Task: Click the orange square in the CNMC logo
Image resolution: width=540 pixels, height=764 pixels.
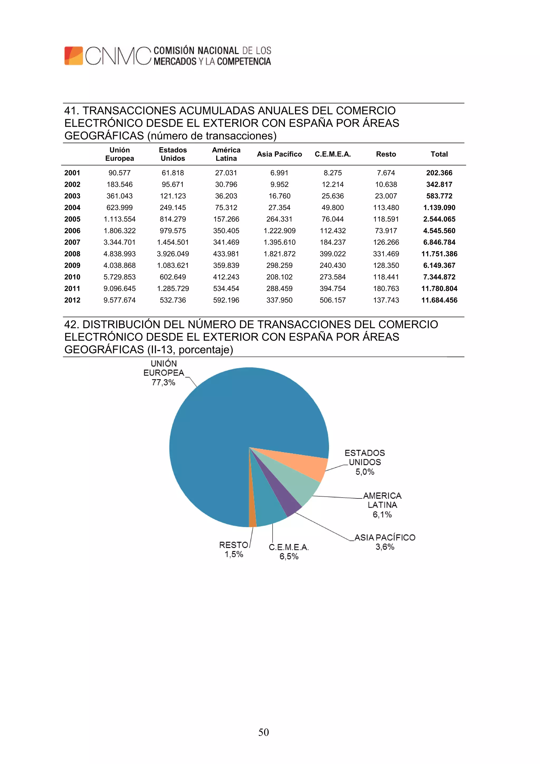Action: pyautogui.click(x=74, y=56)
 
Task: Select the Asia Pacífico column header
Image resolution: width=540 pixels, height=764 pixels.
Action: pyautogui.click(x=279, y=154)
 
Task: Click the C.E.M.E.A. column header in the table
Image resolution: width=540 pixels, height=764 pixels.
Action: pyautogui.click(x=332, y=154)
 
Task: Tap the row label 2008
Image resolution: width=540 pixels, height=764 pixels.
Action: pyautogui.click(x=72, y=254)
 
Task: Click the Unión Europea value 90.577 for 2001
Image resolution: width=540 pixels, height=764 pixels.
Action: pyautogui.click(x=119, y=173)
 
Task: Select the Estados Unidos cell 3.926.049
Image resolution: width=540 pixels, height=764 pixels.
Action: pyautogui.click(x=173, y=254)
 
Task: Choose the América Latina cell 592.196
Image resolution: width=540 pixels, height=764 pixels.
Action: pyautogui.click(x=226, y=300)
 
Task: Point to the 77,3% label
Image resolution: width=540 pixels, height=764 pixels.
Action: pyautogui.click(x=163, y=382)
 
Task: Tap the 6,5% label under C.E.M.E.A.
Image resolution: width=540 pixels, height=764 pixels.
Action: pyautogui.click(x=289, y=556)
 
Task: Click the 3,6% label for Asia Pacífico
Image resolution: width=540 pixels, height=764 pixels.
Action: pyautogui.click(x=385, y=547)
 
